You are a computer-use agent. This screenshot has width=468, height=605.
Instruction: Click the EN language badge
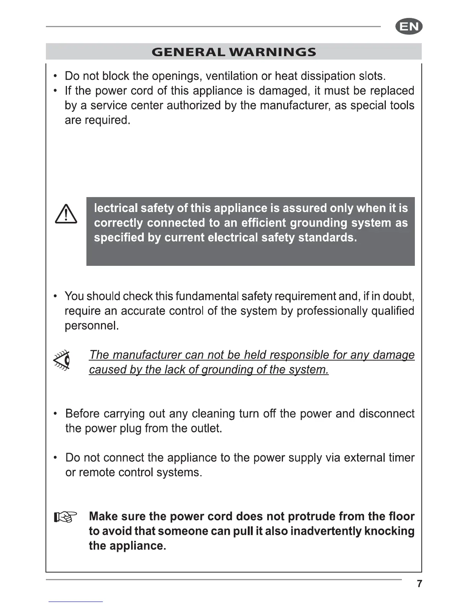(409, 27)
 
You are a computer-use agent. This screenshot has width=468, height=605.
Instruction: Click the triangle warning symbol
(66, 214)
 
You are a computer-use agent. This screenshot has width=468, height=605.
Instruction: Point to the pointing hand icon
(65, 517)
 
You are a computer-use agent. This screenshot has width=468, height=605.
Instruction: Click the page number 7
(419, 584)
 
